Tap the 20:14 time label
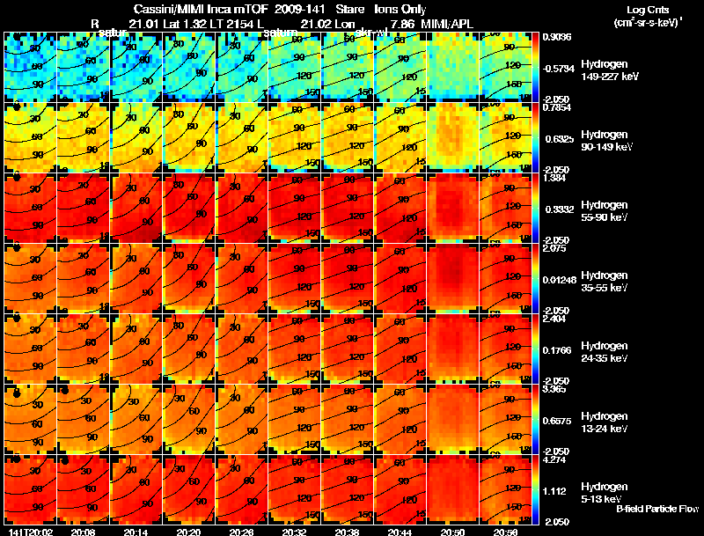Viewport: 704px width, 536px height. [x=136, y=532]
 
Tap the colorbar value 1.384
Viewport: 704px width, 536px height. [x=554, y=178]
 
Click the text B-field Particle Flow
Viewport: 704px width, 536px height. [x=656, y=508]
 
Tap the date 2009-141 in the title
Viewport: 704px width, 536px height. [x=301, y=9]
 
